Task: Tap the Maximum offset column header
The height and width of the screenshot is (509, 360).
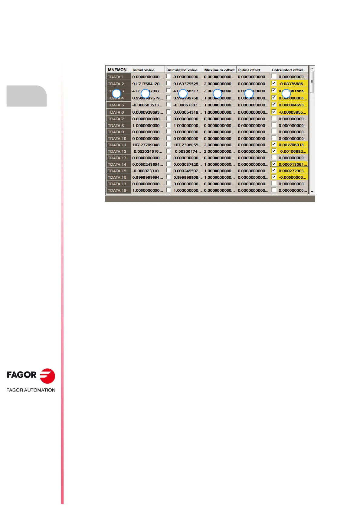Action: [x=219, y=70]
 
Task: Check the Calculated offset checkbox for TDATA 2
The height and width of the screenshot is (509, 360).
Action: [x=274, y=83]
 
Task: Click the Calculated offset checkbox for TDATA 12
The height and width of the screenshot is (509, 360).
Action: [x=274, y=151]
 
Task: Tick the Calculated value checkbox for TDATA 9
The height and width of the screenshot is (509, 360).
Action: [x=169, y=132]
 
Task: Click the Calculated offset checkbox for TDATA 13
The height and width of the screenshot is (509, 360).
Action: [x=274, y=158]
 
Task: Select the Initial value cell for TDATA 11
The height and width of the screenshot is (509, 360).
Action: [x=148, y=145]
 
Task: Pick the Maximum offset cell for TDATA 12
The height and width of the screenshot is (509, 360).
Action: [x=219, y=151]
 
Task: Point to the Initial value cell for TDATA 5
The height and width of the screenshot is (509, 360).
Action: [x=148, y=105]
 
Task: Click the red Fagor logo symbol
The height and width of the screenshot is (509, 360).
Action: [x=47, y=376]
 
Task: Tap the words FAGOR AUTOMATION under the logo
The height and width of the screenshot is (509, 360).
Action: [x=31, y=390]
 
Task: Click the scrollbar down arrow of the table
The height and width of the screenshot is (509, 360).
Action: [x=312, y=192]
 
